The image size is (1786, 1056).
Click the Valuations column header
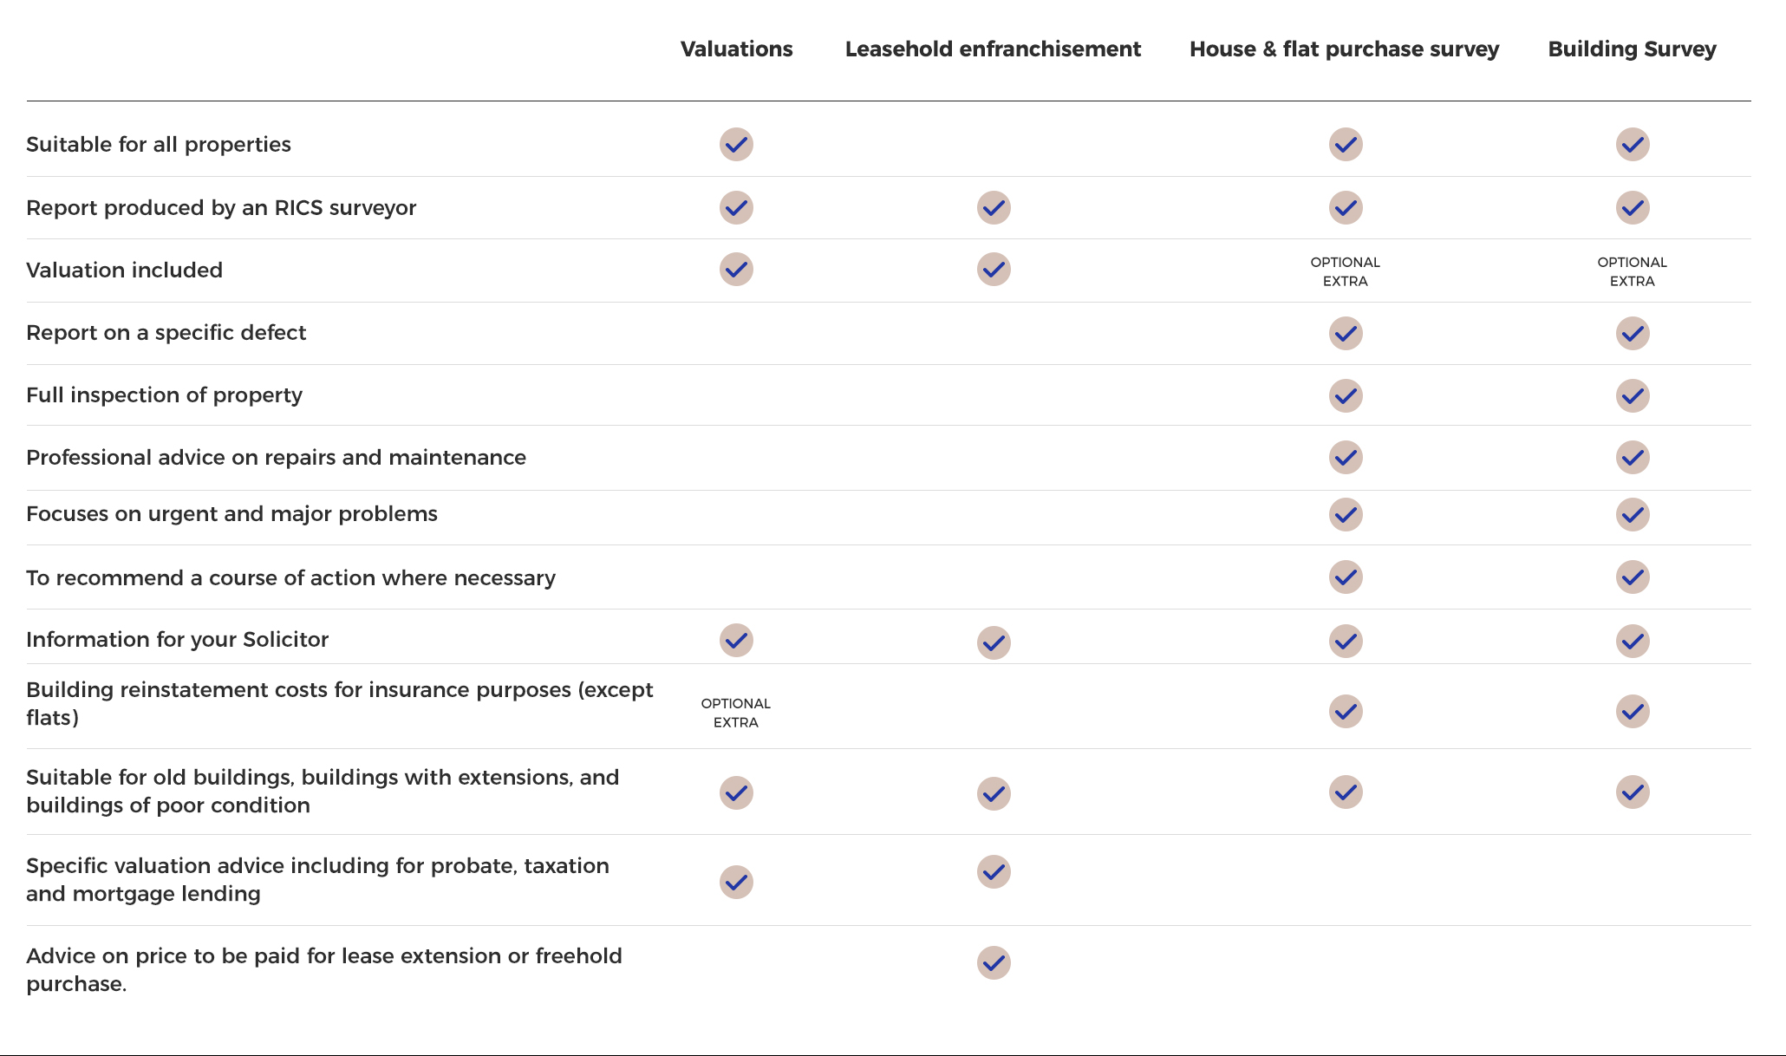point(736,49)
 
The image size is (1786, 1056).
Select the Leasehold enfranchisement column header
point(993,49)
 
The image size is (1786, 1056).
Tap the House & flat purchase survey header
point(1344,49)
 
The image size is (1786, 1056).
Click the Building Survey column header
point(1632,49)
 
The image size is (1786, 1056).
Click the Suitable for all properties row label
point(159,144)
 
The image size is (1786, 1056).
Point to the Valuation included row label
point(124,270)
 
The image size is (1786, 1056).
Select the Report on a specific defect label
point(166,333)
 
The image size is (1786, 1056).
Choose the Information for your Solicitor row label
point(177,640)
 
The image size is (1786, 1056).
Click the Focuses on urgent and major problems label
point(231,514)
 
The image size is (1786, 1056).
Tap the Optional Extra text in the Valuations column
point(736,713)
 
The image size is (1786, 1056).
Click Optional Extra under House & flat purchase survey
point(1345,271)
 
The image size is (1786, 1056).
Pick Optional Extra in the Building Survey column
point(1632,271)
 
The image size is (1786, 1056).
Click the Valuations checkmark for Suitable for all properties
point(736,145)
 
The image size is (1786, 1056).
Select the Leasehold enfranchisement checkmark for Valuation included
point(994,270)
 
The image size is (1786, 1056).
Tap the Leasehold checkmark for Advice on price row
point(994,962)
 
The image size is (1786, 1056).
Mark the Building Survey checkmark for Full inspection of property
point(1633,395)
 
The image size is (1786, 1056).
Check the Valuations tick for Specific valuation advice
point(736,882)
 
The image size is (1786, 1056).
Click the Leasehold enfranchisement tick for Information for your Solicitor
point(994,642)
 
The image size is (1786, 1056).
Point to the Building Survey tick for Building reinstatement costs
point(1633,711)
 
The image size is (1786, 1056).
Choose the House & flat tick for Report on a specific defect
point(1346,333)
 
